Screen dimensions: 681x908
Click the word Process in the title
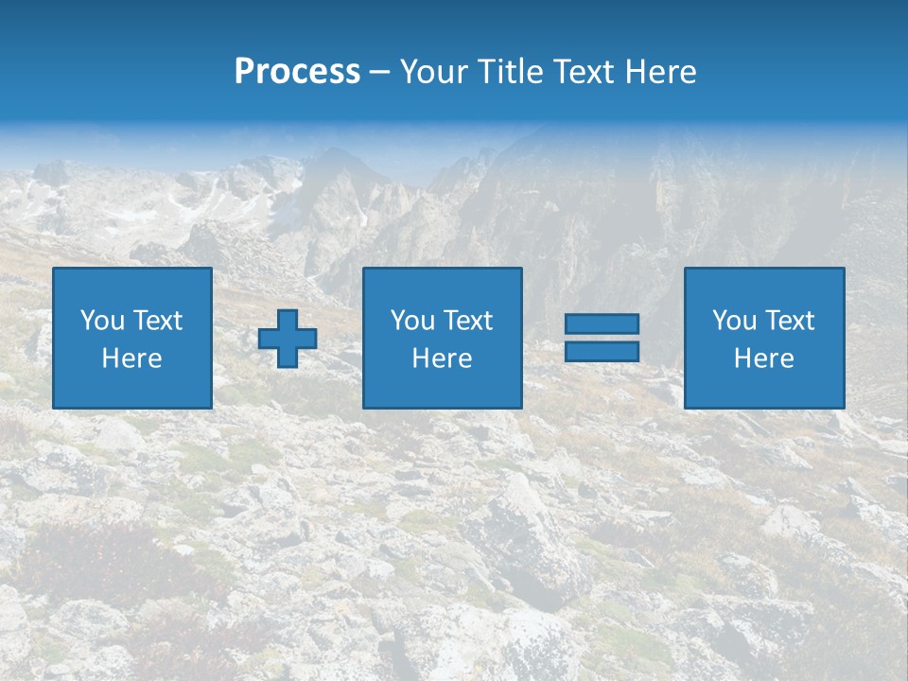297,72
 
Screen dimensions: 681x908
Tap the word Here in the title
660,72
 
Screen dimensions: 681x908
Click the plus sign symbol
288,339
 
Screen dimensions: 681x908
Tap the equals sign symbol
602,338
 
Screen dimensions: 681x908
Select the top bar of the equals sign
602,324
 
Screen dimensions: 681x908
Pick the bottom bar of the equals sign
602,351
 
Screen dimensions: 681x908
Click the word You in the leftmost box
102,321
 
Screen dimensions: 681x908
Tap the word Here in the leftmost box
132,358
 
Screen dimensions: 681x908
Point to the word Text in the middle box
468,321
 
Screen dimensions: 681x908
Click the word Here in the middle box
443,358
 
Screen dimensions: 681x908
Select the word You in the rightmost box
734,321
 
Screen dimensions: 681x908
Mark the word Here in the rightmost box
764,358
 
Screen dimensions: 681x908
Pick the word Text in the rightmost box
790,321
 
